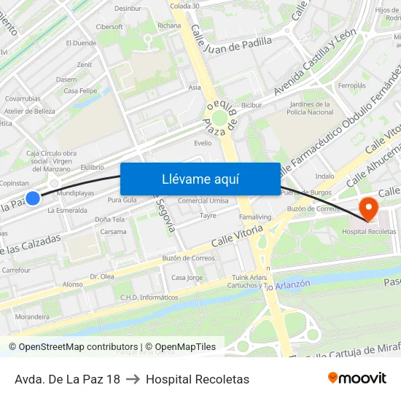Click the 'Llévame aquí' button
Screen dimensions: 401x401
click(x=200, y=179)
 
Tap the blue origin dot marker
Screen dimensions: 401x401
click(x=33, y=198)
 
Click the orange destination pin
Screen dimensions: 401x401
click(x=369, y=209)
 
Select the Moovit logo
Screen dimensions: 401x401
click(x=357, y=378)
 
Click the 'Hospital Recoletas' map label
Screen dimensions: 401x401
click(x=369, y=231)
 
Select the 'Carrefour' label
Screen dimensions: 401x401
click(x=16, y=270)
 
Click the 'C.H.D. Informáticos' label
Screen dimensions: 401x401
click(x=149, y=297)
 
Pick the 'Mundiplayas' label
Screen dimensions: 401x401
click(x=75, y=194)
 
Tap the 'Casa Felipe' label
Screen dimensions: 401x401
click(x=80, y=91)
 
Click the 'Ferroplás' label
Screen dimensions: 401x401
click(x=351, y=85)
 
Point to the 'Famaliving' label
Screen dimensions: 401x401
click(x=255, y=217)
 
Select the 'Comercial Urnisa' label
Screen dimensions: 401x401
click(x=203, y=200)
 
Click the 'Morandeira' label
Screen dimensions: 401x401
click(x=32, y=316)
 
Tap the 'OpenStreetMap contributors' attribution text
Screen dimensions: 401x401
click(x=78, y=347)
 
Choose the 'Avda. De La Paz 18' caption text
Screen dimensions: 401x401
click(x=67, y=379)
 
